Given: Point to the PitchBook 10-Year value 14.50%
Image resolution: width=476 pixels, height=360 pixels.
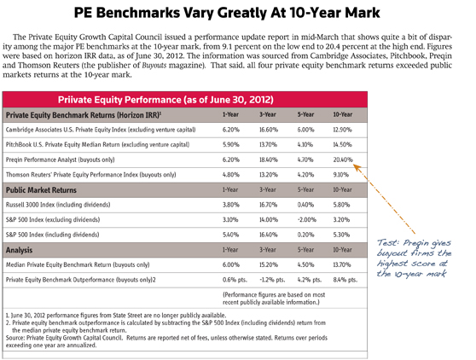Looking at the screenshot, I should click(x=343, y=142).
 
